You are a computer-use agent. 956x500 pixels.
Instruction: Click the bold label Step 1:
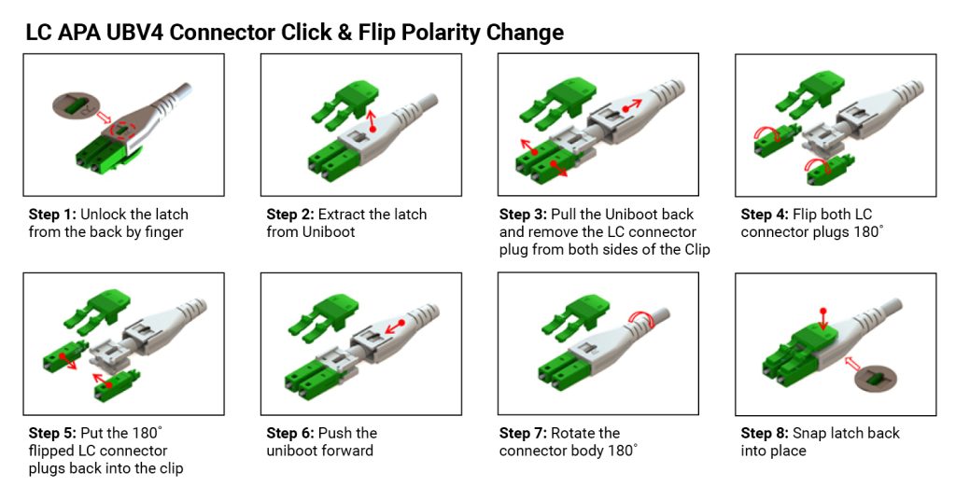click(52, 215)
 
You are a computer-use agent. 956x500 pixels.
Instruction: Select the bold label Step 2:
click(290, 215)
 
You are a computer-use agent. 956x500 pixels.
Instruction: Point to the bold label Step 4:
click(766, 215)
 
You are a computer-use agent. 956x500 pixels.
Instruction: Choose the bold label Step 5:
click(52, 433)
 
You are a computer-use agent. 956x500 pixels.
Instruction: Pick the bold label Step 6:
click(290, 433)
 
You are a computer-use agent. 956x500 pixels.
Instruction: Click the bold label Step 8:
click(766, 433)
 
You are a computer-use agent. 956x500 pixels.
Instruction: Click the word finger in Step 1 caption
click(162, 232)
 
